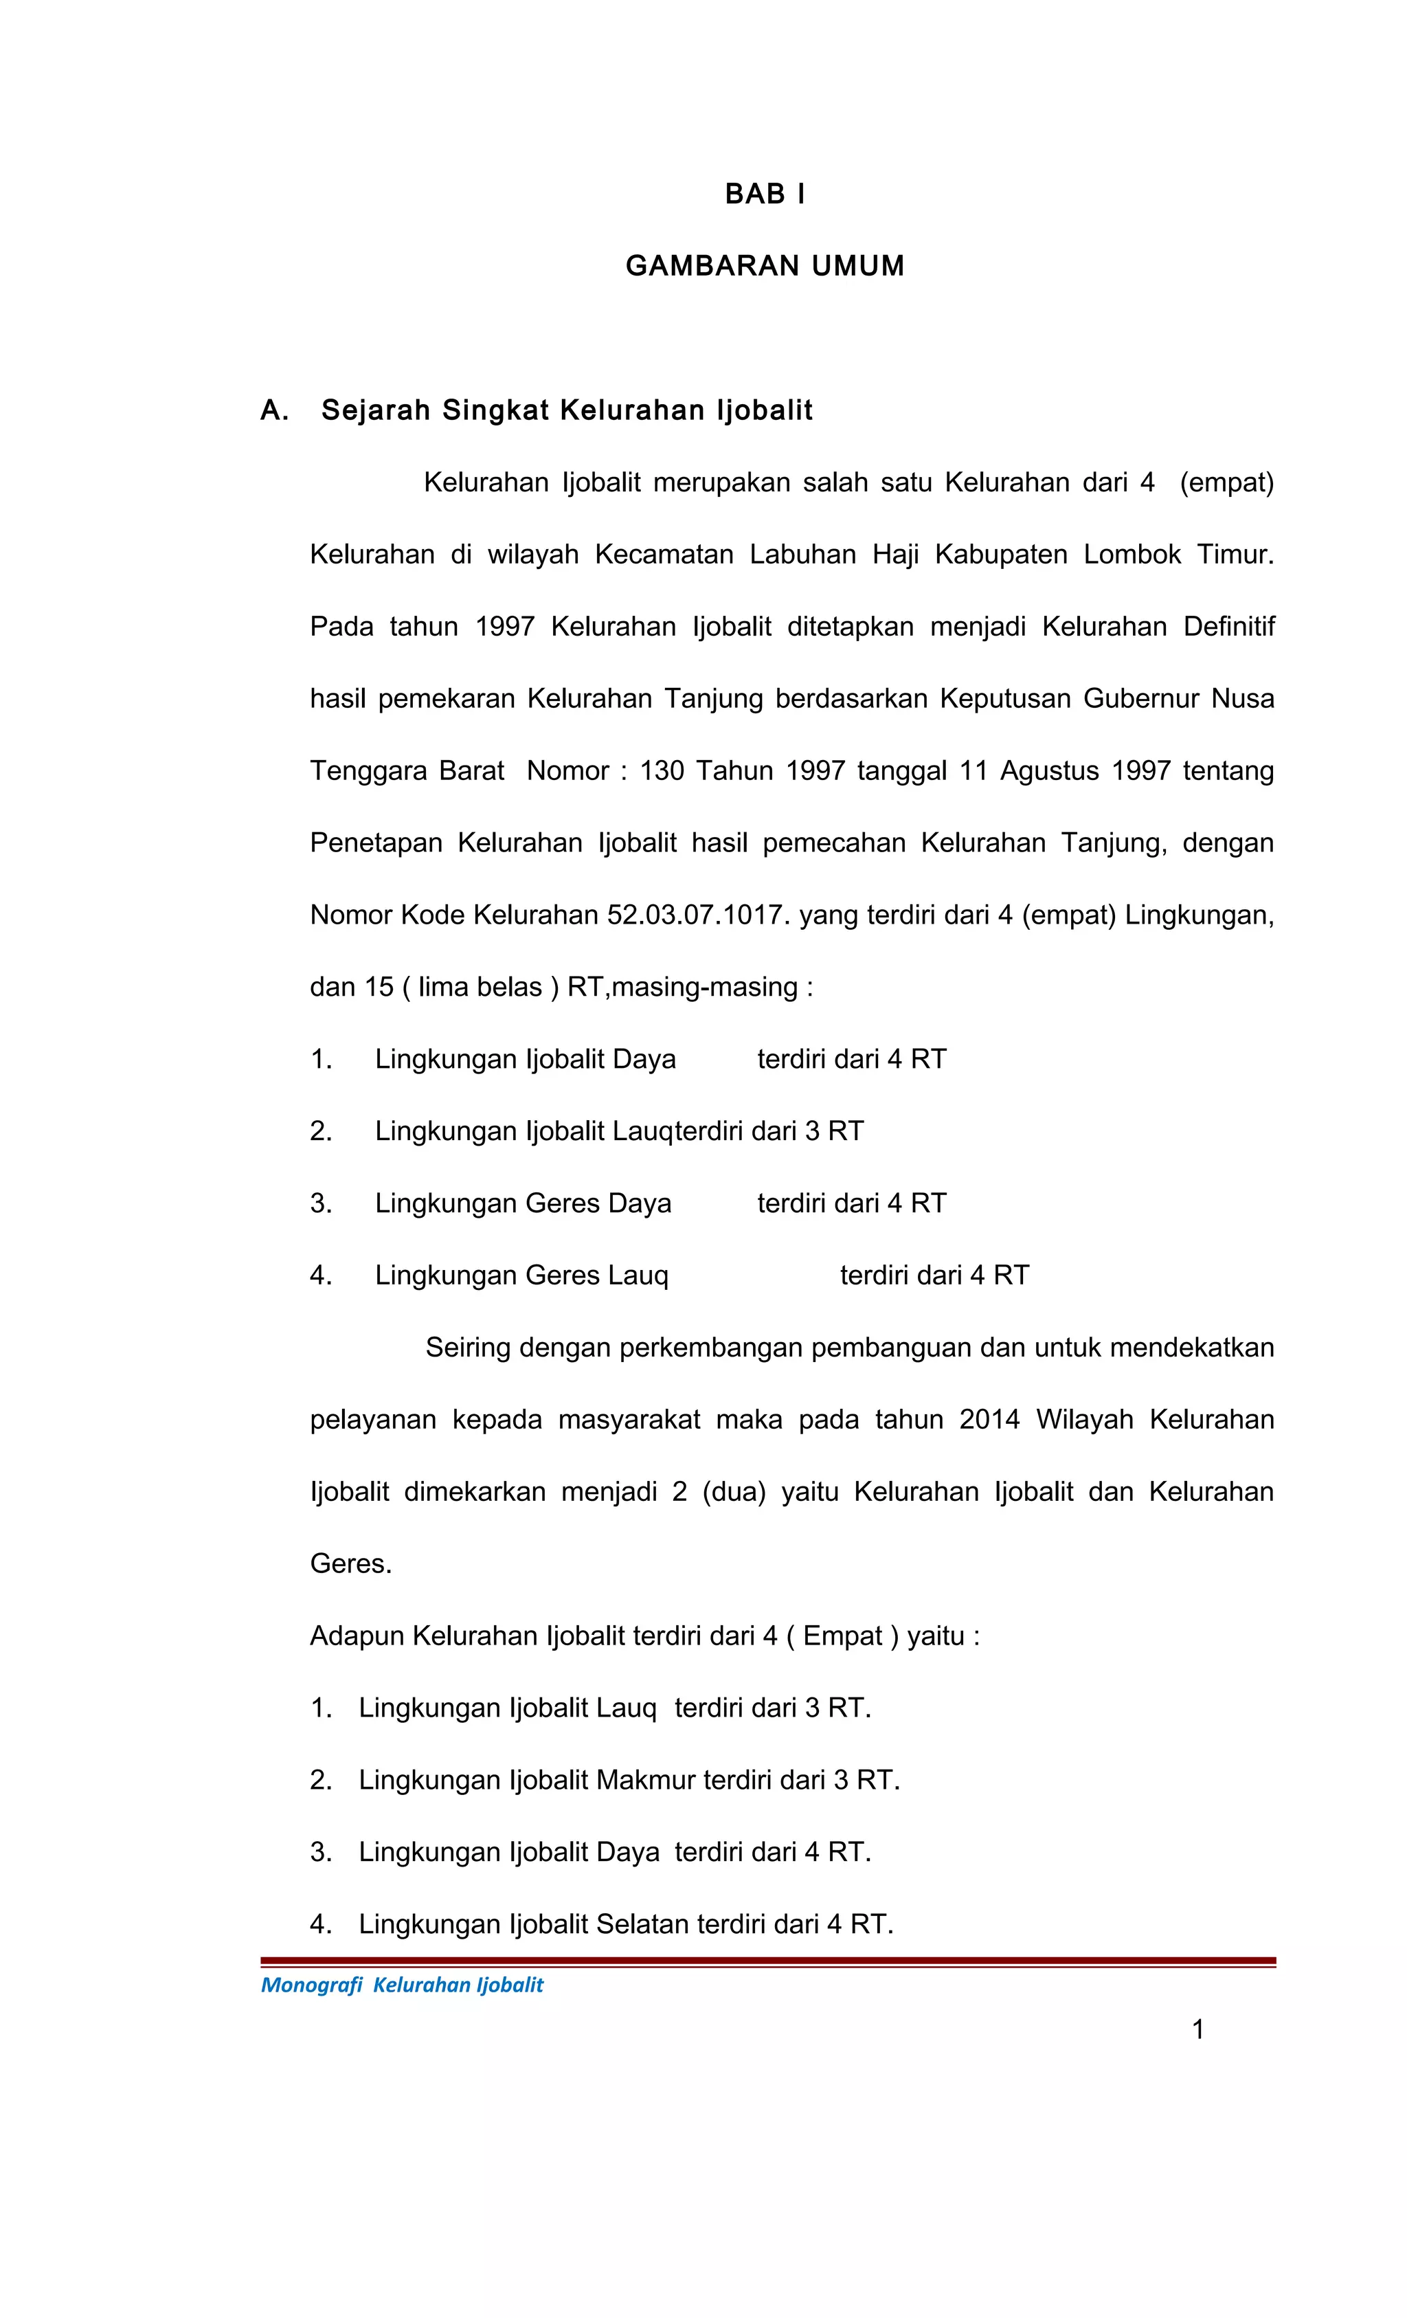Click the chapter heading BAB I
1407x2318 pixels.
(x=764, y=194)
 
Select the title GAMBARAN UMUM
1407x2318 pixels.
(x=764, y=266)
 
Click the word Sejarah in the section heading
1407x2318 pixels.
(x=375, y=411)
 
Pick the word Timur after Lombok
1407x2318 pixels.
(x=1234, y=554)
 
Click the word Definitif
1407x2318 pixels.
(x=1228, y=627)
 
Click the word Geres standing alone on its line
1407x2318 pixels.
(x=350, y=1563)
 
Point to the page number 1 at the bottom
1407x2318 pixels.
(x=1197, y=2029)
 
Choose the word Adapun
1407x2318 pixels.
(x=357, y=1636)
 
